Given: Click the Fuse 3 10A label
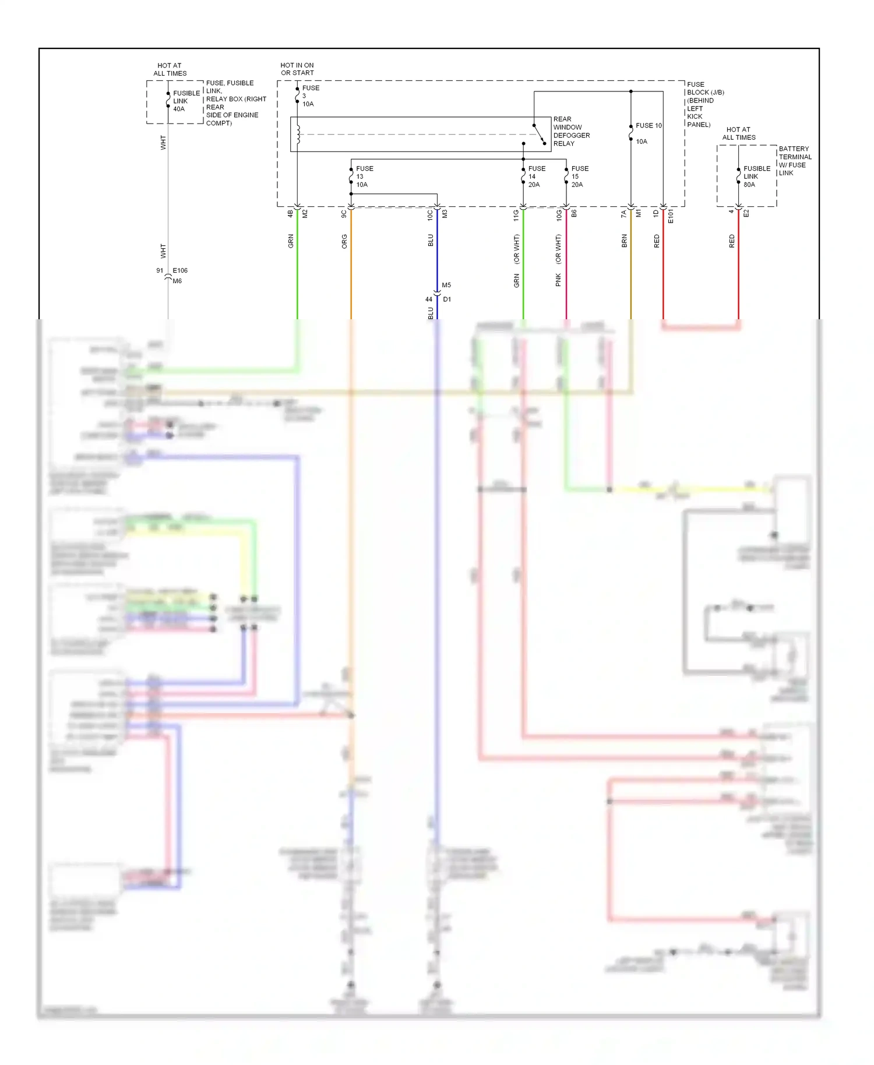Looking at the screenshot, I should click(x=309, y=96).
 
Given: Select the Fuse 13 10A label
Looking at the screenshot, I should click(x=364, y=177).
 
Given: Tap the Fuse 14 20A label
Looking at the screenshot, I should click(x=536, y=177).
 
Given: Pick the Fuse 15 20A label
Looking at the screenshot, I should click(x=579, y=177).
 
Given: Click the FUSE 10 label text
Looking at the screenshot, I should click(x=648, y=126).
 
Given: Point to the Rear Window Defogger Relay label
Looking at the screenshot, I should click(x=570, y=131).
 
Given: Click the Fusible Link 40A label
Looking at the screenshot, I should click(x=185, y=101).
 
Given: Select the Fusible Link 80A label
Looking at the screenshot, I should click(x=756, y=177).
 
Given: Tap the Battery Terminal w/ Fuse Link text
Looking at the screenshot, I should click(x=795, y=161).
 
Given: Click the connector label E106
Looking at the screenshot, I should click(x=180, y=270).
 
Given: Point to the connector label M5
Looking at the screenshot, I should click(x=446, y=285).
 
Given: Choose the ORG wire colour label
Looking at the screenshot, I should click(x=344, y=241).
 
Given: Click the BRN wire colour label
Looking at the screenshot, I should click(x=624, y=241).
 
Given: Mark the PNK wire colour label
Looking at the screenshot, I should click(x=558, y=280).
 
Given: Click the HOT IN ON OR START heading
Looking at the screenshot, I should click(x=297, y=69).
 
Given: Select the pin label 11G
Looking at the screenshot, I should click(x=516, y=216).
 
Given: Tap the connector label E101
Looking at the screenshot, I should click(x=671, y=216).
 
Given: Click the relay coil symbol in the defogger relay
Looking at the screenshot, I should click(x=298, y=134).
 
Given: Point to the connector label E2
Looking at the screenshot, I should click(x=746, y=214).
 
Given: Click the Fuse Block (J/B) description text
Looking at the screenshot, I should click(x=704, y=104).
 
